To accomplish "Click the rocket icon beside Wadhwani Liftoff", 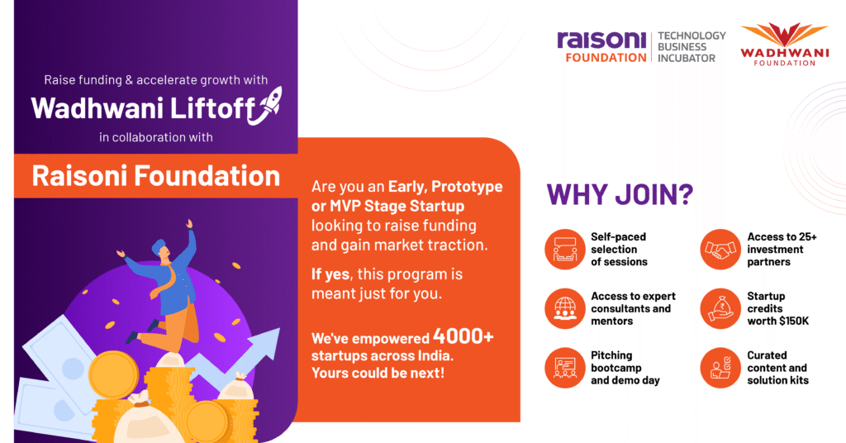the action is [x=265, y=106].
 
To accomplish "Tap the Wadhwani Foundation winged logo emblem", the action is [x=784, y=36].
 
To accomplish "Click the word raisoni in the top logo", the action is [x=601, y=40].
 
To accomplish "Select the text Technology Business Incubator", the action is [x=692, y=47].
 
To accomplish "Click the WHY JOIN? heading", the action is [x=620, y=195].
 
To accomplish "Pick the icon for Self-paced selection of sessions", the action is [x=565, y=250].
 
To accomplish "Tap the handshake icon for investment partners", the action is [x=720, y=250].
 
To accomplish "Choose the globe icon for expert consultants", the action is [x=565, y=308].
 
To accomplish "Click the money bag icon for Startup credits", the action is [x=720, y=308].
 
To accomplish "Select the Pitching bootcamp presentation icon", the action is [x=565, y=368].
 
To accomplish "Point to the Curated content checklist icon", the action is [x=720, y=368].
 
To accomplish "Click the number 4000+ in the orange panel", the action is [x=463, y=336].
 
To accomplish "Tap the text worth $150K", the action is [x=778, y=321].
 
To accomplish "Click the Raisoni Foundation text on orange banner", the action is [x=156, y=176].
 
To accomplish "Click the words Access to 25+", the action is [x=782, y=237].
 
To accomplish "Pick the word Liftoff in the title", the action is [x=212, y=108].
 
